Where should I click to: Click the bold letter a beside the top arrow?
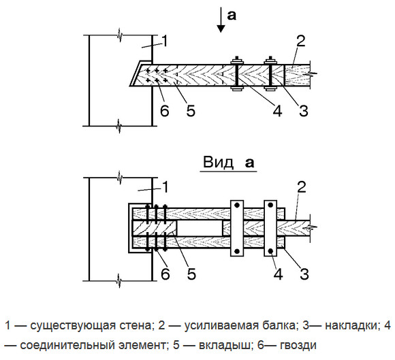232,15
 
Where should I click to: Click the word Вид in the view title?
216,163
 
